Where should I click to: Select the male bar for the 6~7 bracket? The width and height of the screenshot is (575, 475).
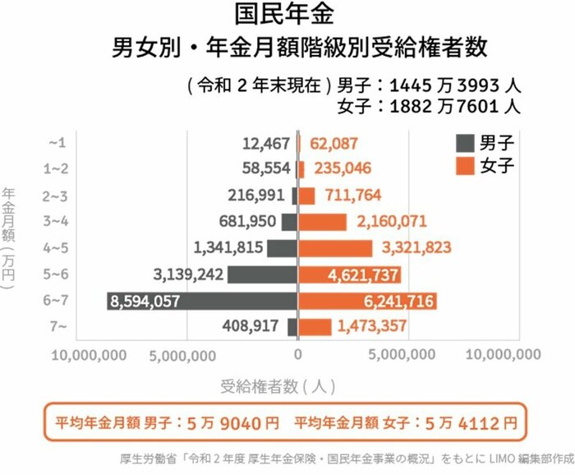[201, 301]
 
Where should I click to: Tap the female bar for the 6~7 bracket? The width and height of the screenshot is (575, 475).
[366, 301]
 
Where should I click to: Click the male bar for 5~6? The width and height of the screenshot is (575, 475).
[262, 274]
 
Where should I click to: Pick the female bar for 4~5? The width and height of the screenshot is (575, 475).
[335, 248]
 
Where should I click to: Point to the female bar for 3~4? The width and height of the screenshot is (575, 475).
[322, 222]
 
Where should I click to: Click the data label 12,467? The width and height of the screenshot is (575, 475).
[266, 144]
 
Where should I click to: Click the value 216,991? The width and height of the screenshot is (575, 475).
[255, 196]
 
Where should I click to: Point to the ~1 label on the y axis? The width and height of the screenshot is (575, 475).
[57, 144]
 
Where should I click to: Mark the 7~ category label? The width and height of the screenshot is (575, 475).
[57, 326]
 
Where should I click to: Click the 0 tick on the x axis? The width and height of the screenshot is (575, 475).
[297, 355]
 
